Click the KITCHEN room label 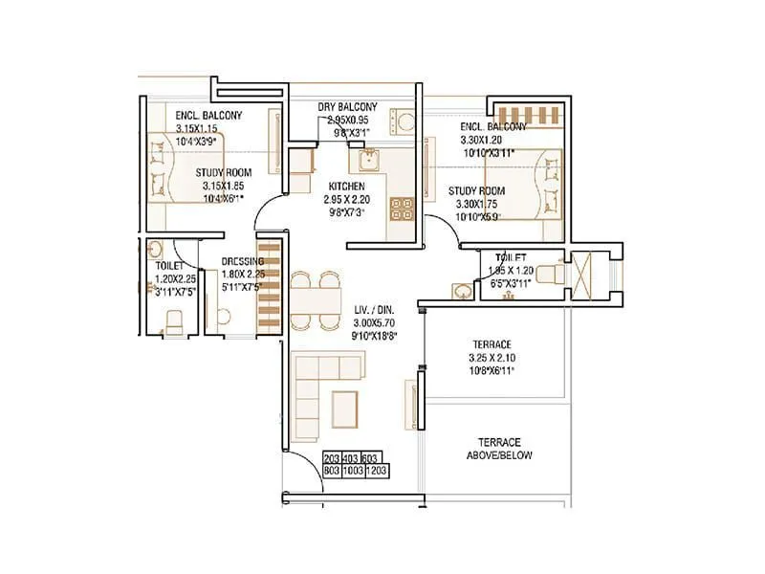pos(346,186)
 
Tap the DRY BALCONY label pos(347,107)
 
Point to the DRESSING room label pos(243,261)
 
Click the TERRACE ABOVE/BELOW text pos(499,449)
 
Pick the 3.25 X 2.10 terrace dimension pos(493,358)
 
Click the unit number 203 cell pos(333,458)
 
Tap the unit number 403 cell pos(353,458)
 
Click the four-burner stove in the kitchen pos(402,208)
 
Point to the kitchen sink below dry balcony pos(372,158)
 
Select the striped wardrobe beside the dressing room pos(271,284)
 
